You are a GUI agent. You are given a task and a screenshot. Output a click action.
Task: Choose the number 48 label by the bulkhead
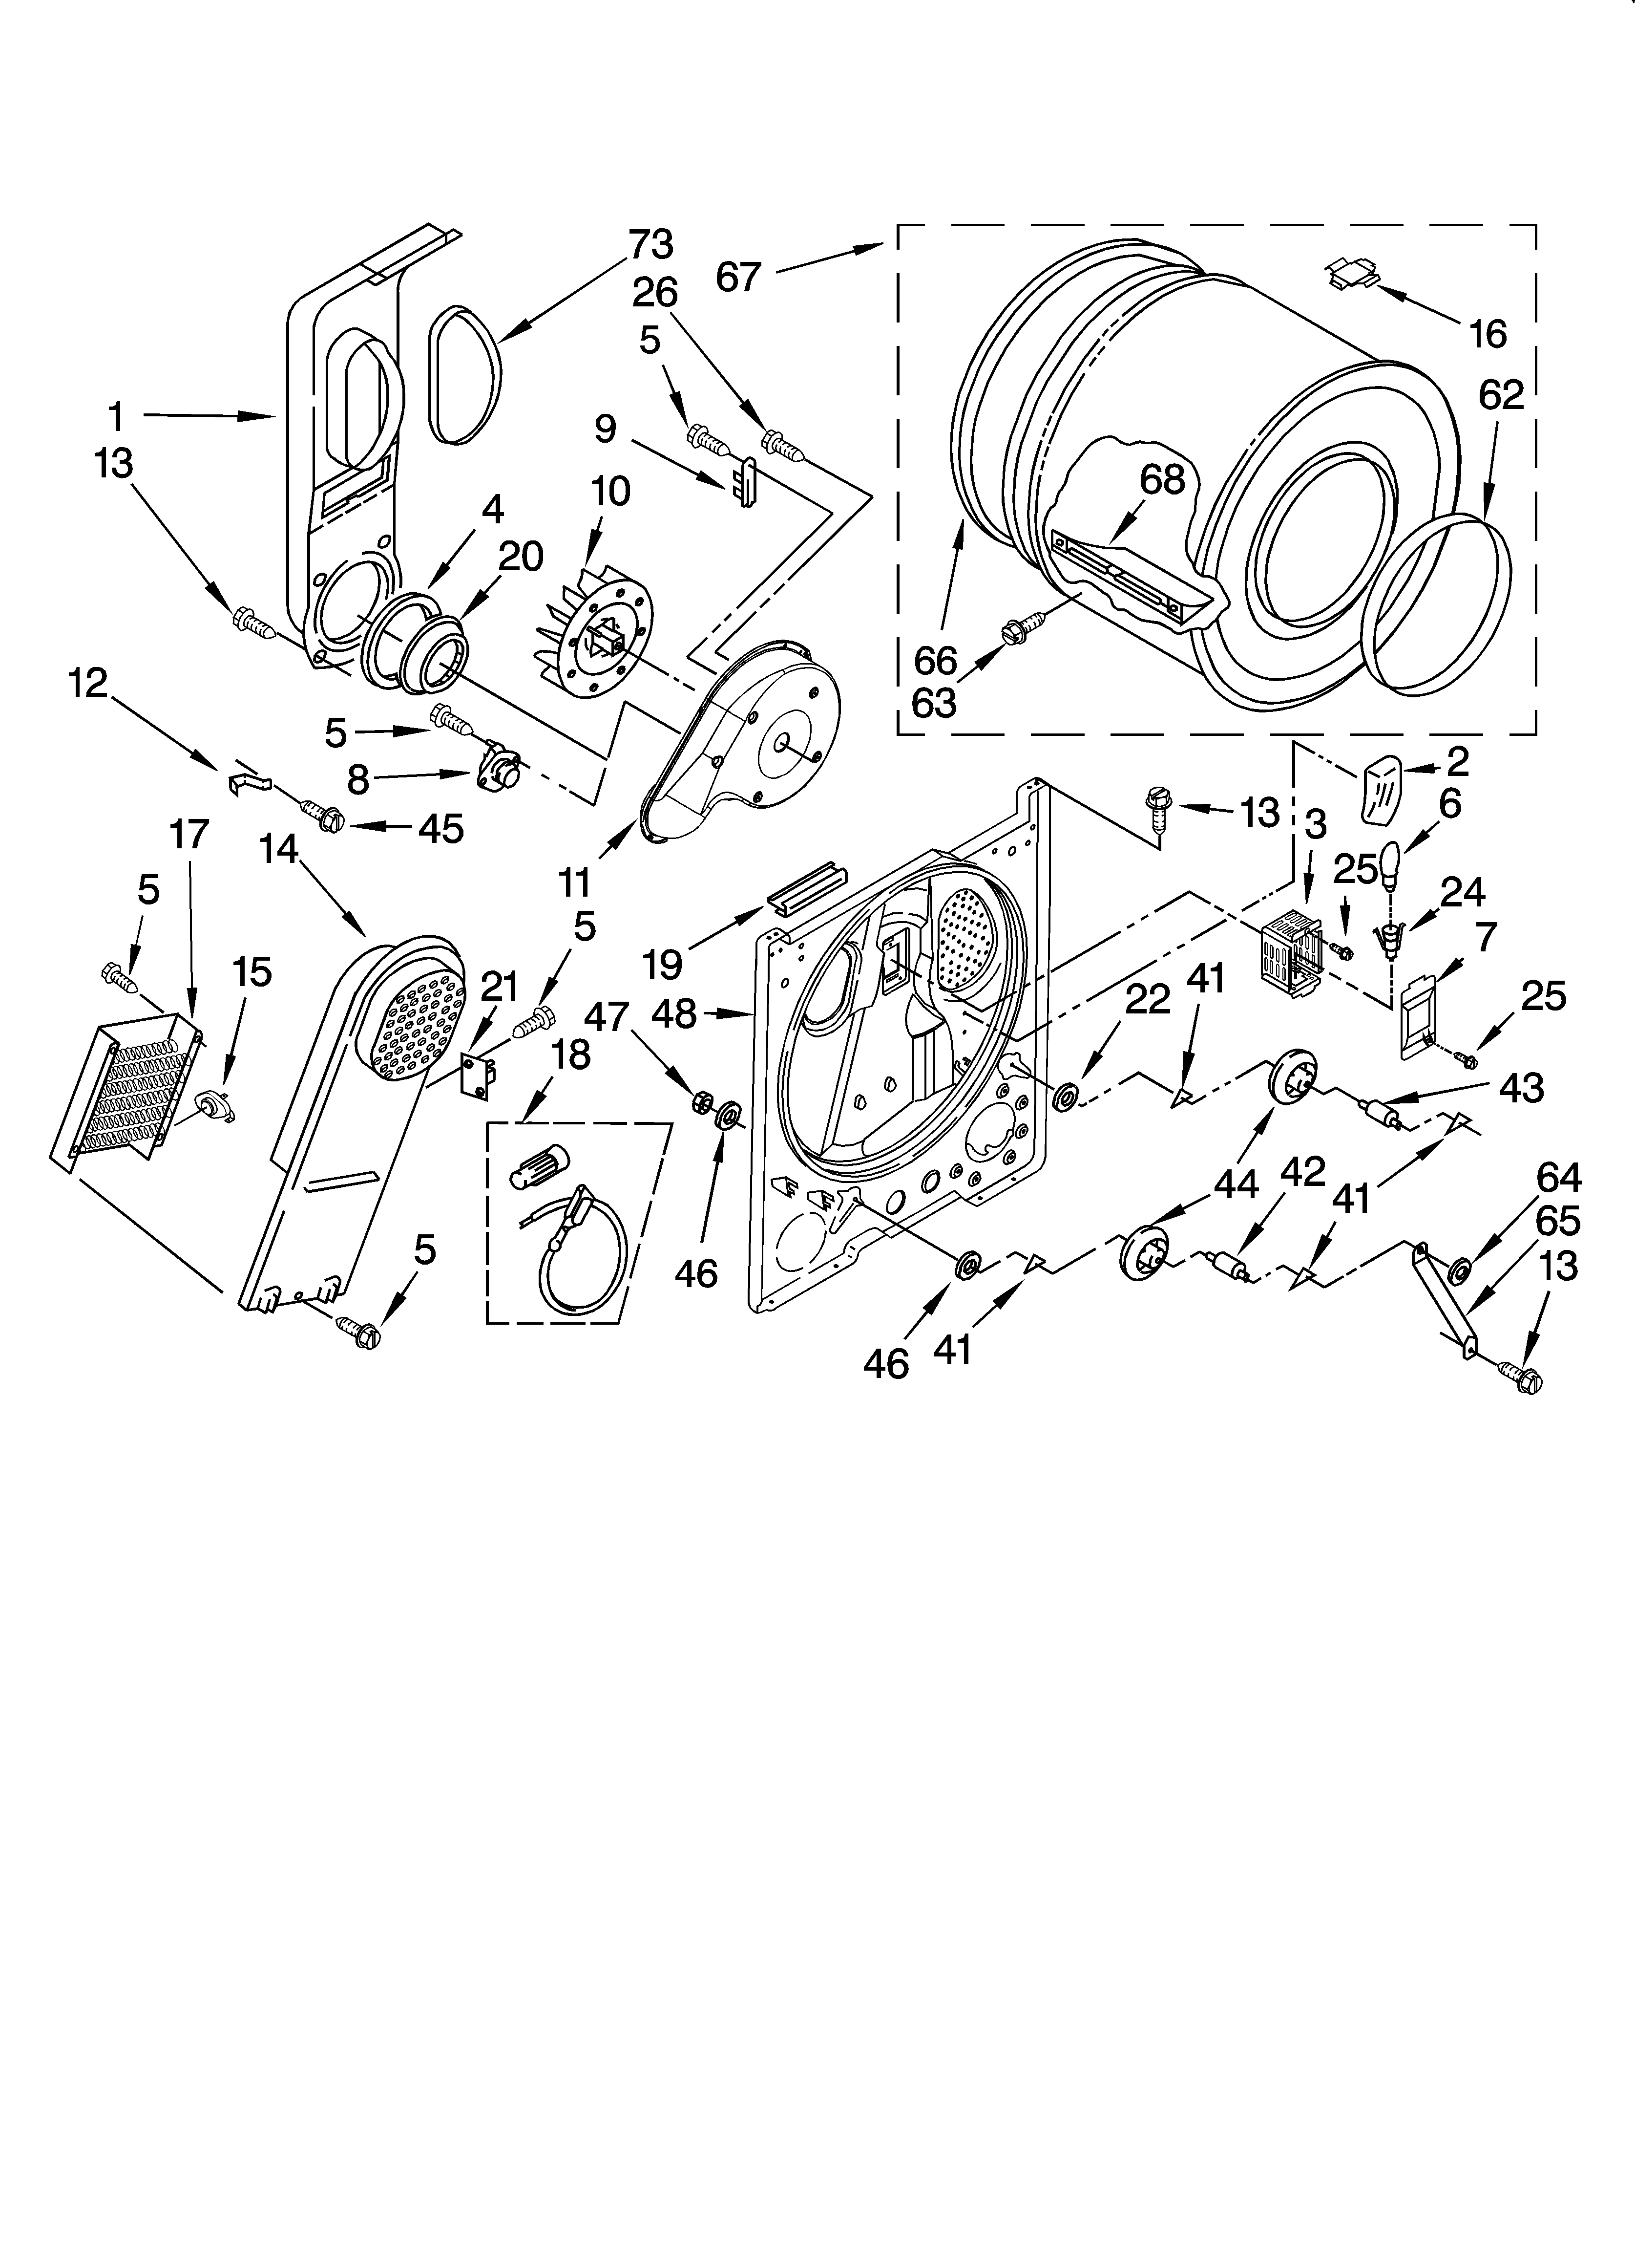674,1014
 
